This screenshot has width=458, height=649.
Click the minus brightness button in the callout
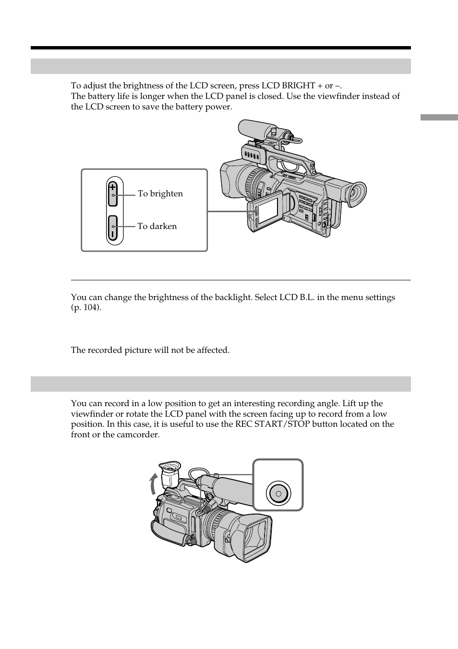[x=112, y=228]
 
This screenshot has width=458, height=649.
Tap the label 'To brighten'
[x=160, y=193]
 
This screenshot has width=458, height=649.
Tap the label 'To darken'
[x=157, y=226]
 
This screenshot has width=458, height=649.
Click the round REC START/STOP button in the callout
[x=278, y=493]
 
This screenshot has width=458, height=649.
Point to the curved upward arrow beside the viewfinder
[x=154, y=483]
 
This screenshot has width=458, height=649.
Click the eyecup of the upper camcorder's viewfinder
[x=356, y=194]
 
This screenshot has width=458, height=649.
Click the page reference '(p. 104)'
[x=86, y=308]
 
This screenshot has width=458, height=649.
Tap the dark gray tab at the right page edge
[x=439, y=117]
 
